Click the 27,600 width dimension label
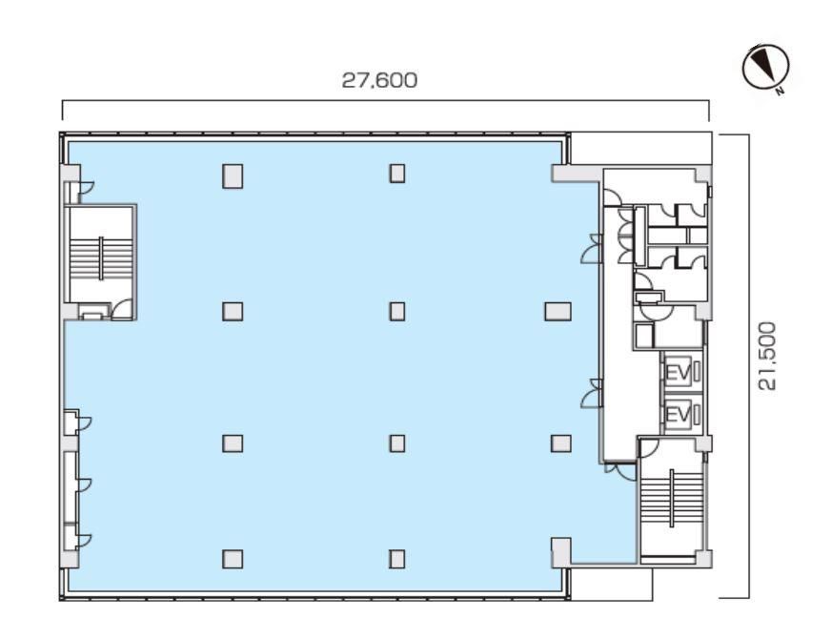[379, 81]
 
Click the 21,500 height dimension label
[767, 356]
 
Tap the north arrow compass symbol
[766, 68]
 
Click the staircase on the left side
[101, 258]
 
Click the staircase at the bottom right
[672, 499]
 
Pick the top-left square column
[233, 176]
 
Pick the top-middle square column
[397, 174]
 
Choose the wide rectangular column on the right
[558, 311]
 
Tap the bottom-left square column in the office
[233, 559]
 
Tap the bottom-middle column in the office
[397, 559]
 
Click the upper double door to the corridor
[592, 249]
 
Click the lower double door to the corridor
[592, 394]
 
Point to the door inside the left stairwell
[122, 309]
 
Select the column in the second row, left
[233, 311]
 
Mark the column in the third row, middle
[397, 443]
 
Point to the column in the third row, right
[560, 443]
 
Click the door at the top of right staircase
[649, 448]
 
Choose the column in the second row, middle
[397, 311]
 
